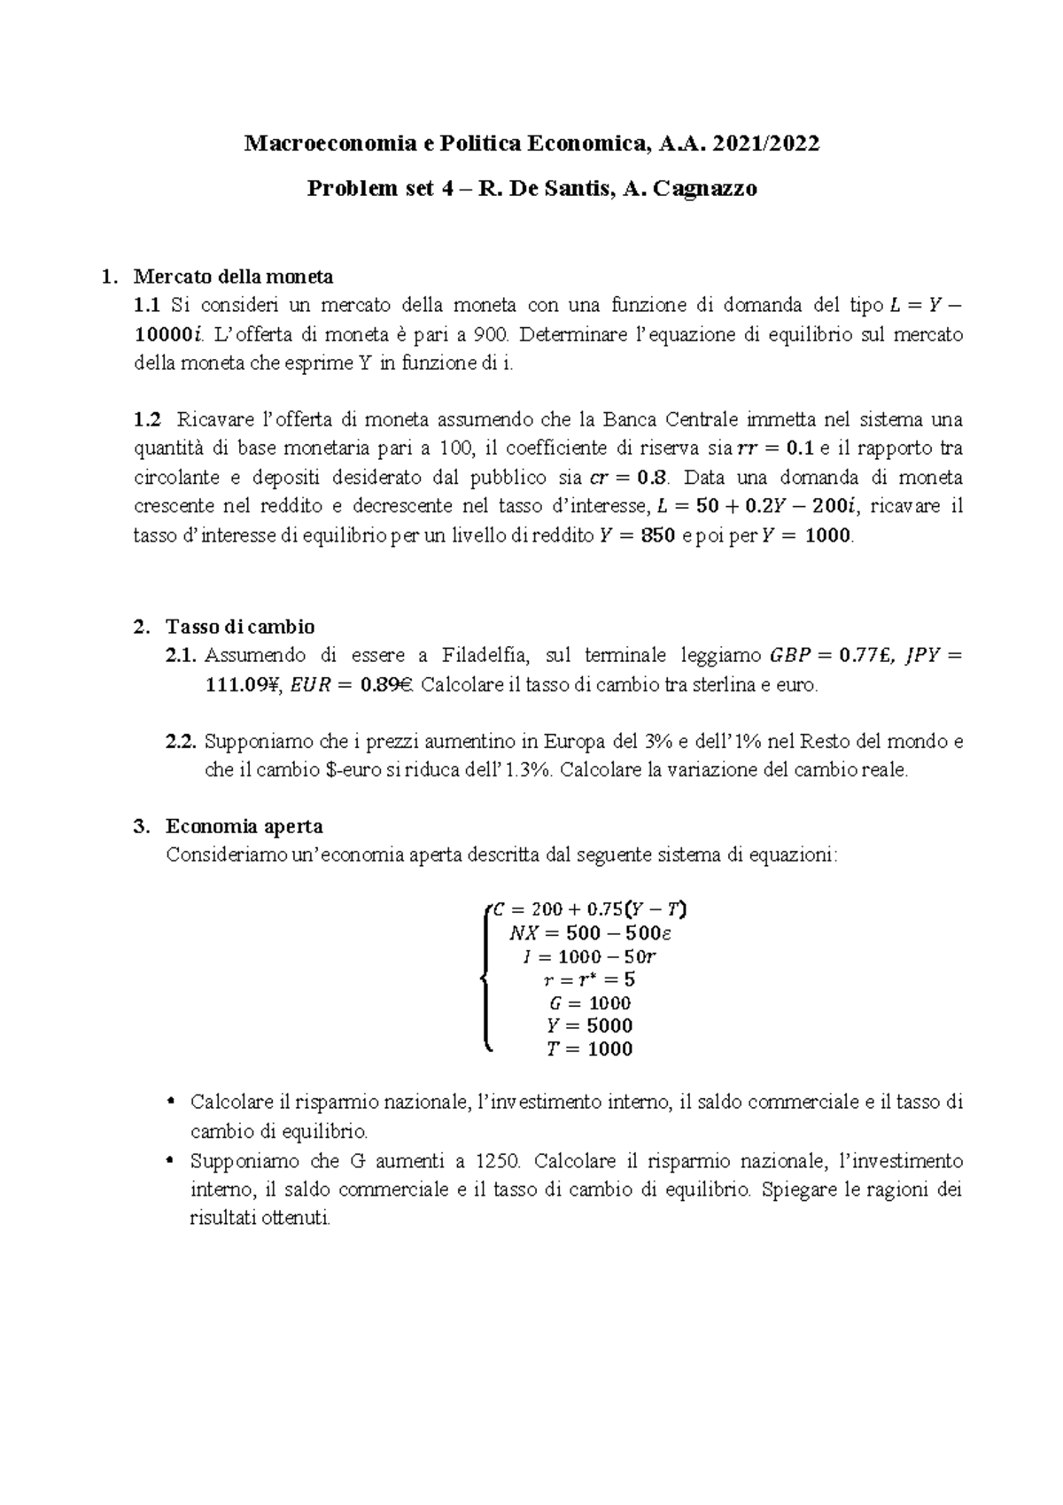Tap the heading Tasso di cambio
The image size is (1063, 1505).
pos(240,627)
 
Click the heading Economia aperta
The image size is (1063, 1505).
pos(244,827)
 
